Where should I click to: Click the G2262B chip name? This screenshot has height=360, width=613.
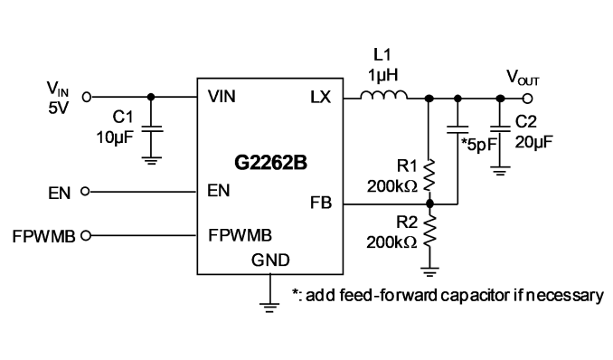point(270,163)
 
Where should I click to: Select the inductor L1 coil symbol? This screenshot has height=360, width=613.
point(383,95)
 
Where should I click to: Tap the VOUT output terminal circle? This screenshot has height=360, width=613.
point(527,99)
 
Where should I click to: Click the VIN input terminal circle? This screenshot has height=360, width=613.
point(87,97)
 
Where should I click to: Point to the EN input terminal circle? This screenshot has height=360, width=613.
point(85,192)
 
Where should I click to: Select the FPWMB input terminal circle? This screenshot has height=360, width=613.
point(86,235)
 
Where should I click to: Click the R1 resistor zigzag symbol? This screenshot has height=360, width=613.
point(429,175)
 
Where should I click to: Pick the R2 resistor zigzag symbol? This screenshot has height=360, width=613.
point(429,232)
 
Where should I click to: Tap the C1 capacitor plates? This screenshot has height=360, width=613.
point(151,128)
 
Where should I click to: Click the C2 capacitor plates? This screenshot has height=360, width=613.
point(500,129)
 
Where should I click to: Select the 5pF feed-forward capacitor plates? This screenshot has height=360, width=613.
point(457,129)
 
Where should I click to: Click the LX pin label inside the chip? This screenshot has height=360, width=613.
point(321,97)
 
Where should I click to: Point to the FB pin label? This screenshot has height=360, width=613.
point(321,203)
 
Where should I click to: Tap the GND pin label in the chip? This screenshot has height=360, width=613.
point(270,261)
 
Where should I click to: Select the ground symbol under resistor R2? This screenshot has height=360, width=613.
point(429,272)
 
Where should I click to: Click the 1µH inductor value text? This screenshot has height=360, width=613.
point(383,75)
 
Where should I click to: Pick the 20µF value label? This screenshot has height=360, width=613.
point(533,142)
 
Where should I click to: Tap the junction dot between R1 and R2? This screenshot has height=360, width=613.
point(429,204)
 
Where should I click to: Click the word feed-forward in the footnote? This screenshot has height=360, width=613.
point(388,295)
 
